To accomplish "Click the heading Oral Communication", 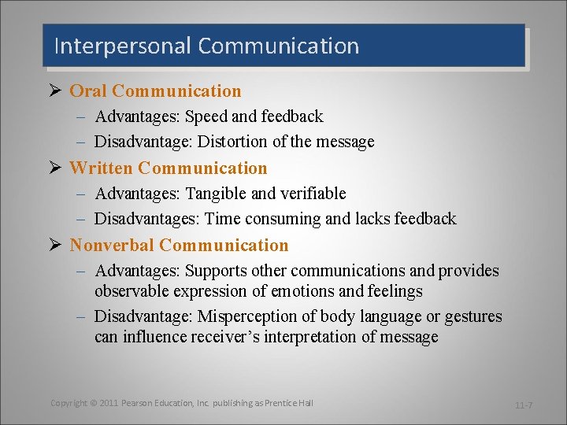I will point(155,91).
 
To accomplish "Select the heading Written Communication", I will point(169,168).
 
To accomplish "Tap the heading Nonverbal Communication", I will point(179,246).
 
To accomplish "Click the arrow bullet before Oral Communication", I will point(55,91).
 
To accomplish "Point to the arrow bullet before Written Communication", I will point(55,168).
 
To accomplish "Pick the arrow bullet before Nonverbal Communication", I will point(55,246).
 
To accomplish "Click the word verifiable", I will point(308,194).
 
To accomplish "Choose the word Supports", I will point(217,271).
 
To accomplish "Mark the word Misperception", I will point(244,316).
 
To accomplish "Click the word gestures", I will point(473,316).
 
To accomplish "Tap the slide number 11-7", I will point(523,405).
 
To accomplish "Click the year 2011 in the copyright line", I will point(109,403).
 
